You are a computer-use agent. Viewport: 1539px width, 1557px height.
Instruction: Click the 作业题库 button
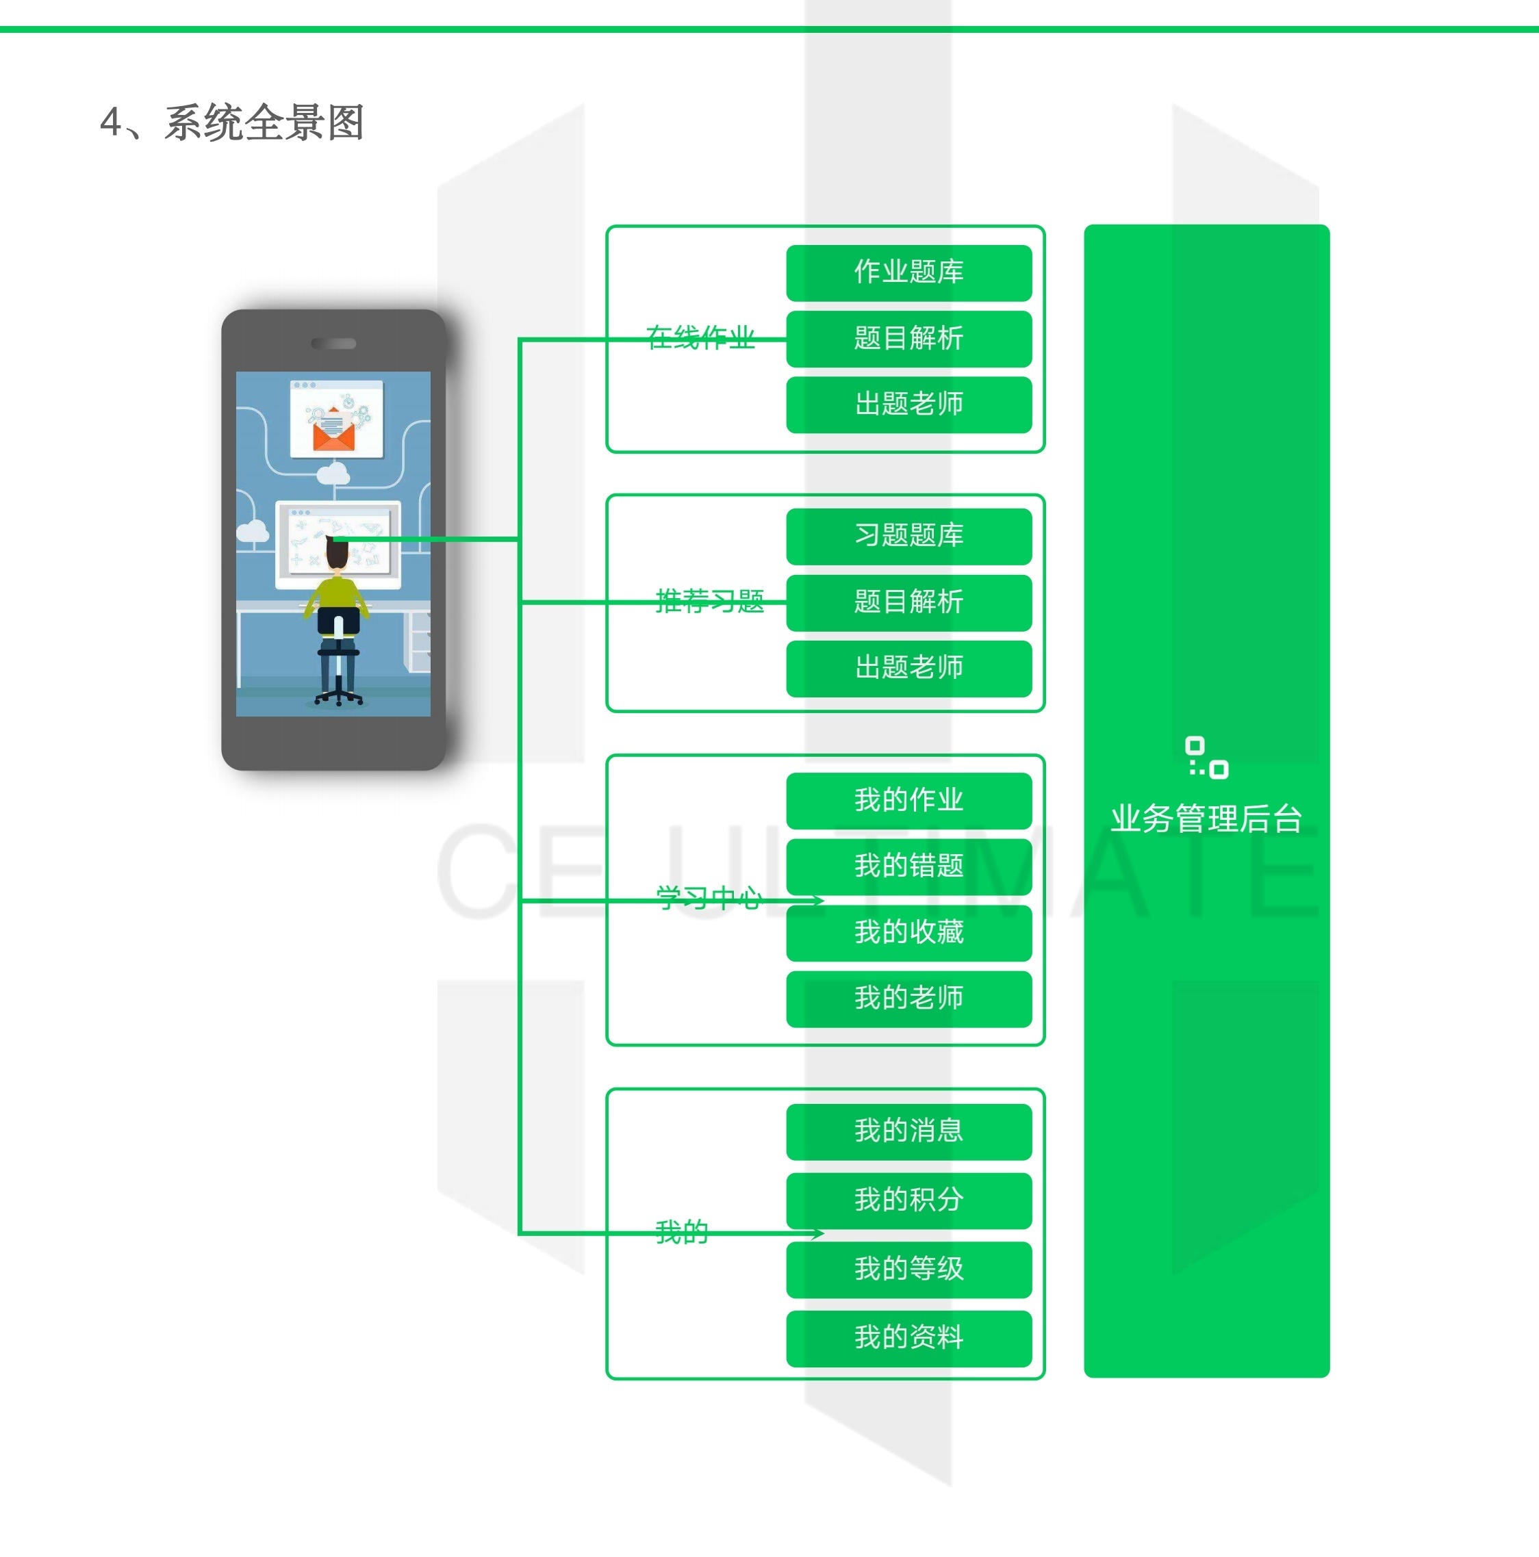908,272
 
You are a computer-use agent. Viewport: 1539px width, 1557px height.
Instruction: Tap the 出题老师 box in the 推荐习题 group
908,668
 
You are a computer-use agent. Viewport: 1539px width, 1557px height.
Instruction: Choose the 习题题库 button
908,536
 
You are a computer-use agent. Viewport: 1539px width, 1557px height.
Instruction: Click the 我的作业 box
908,800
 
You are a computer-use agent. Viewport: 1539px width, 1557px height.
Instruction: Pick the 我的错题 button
908,866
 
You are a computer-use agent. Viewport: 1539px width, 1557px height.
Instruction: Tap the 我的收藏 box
908,932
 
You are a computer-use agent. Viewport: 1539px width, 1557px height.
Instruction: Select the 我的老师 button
908,999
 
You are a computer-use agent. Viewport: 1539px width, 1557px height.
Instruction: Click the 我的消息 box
908,1131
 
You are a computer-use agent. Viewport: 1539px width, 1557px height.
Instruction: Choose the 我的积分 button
908,1200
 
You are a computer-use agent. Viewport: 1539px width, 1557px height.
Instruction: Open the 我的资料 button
908,1338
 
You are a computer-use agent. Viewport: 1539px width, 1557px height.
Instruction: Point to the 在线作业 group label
700,337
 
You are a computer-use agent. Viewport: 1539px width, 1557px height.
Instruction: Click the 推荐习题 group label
709,601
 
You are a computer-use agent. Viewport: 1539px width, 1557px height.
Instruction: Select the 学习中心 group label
708,898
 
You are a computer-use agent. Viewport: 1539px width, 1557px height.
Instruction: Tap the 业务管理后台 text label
1206,819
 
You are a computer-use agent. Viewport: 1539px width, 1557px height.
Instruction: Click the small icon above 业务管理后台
1206,758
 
